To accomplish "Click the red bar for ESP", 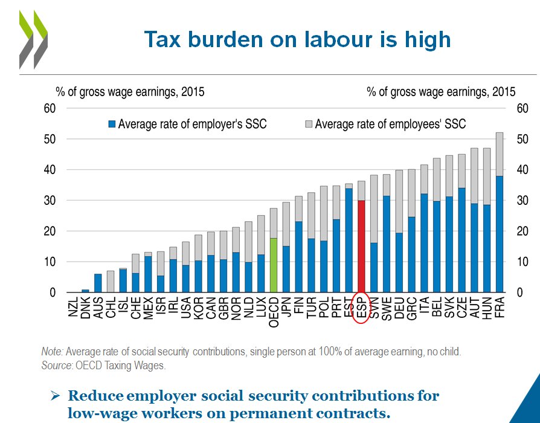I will click(361, 247).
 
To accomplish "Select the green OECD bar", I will click(274, 265).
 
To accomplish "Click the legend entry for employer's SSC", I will click(187, 124).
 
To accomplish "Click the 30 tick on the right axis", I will click(523, 201).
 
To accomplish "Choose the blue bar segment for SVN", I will click(374, 268).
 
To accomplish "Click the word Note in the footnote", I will click(52, 351).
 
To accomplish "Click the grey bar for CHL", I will click(110, 282).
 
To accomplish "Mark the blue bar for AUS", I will click(98, 283).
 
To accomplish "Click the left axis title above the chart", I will click(130, 92).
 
